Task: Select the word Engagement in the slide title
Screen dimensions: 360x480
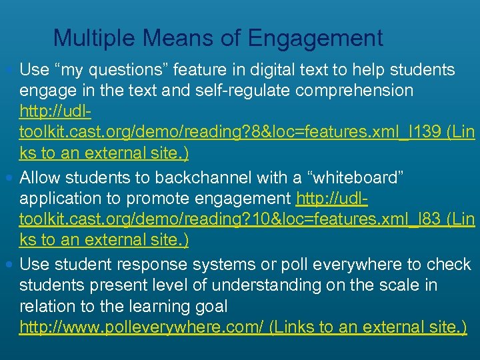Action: coord(315,38)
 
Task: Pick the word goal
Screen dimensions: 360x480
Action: coord(209,307)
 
